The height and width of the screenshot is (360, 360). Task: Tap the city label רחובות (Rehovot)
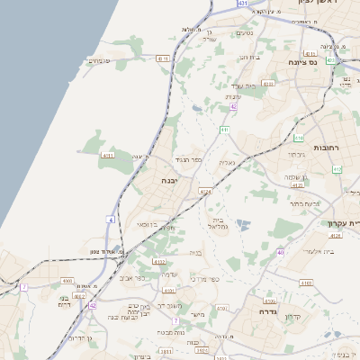[325, 146]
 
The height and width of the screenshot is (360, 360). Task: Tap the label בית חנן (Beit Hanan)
[249, 57]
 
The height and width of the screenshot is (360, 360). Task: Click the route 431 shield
[242, 4]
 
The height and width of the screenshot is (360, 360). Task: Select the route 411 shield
[224, 130]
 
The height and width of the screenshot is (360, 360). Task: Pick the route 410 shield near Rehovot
[298, 138]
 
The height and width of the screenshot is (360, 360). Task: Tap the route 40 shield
[281, 252]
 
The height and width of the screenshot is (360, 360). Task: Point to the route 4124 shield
[205, 191]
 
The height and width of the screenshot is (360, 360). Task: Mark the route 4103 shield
[306, 283]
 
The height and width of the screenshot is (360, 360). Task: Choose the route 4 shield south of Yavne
[111, 219]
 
